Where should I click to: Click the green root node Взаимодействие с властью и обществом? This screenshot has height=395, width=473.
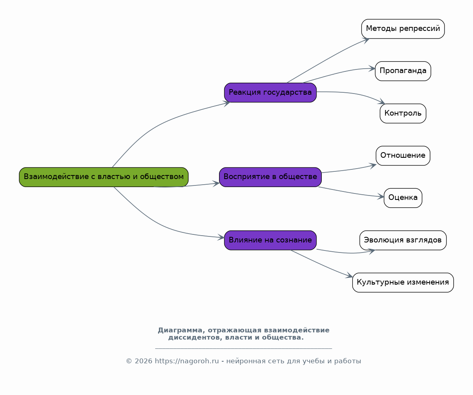pos(104,177)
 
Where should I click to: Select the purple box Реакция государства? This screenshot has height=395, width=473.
pos(270,93)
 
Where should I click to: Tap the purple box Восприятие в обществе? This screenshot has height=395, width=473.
pos(270,177)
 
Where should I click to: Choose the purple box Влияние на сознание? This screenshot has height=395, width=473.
pos(270,240)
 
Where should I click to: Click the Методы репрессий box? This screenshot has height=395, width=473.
pos(403,29)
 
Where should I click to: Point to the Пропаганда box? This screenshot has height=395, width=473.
pos(403,71)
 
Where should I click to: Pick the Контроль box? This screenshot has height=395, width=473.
pos(403,114)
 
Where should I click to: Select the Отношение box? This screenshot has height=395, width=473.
pos(403,156)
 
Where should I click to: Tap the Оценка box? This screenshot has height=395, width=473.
pos(403,198)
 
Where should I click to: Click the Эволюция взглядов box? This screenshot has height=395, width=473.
pos(403,240)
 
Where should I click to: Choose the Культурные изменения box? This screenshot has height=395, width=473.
pos(403,283)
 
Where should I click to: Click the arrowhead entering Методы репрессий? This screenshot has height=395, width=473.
pos(366,41)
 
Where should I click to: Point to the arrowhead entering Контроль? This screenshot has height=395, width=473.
pos(382,102)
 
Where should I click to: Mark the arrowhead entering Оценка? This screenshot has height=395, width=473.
pos(381,197)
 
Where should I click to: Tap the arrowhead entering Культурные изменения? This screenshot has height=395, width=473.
pos(349,275)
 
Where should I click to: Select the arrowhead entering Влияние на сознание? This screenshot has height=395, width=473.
pos(221,238)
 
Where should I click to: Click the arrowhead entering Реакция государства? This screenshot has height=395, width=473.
pos(227,104)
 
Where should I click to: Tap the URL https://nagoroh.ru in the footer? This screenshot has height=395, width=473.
pos(187,361)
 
